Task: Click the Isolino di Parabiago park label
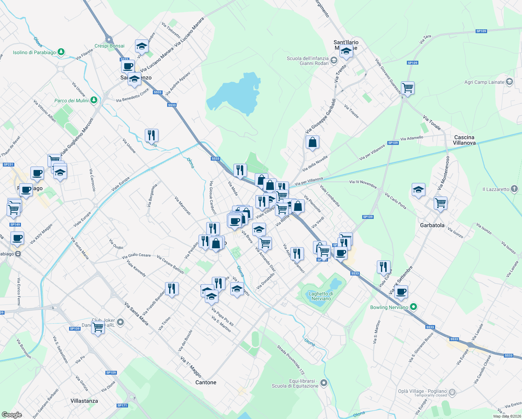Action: click(34, 52)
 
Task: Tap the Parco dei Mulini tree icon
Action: click(94, 100)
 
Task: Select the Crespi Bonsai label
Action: click(109, 46)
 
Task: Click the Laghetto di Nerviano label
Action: click(321, 296)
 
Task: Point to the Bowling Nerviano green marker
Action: click(413, 307)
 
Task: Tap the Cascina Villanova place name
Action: click(464, 140)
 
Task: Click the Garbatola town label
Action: click(432, 225)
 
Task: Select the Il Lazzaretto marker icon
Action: click(514, 189)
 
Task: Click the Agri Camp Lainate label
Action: click(484, 82)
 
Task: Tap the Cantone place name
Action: click(206, 382)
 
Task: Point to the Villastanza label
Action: click(84, 401)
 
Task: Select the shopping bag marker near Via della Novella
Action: click(312, 142)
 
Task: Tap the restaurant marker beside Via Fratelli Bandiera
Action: click(171, 289)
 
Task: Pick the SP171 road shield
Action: click(122, 405)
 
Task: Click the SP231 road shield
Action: click(8, 164)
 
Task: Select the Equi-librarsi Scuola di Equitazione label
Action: click(295, 383)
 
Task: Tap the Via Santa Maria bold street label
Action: click(136, 314)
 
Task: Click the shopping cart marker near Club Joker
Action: click(98, 328)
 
